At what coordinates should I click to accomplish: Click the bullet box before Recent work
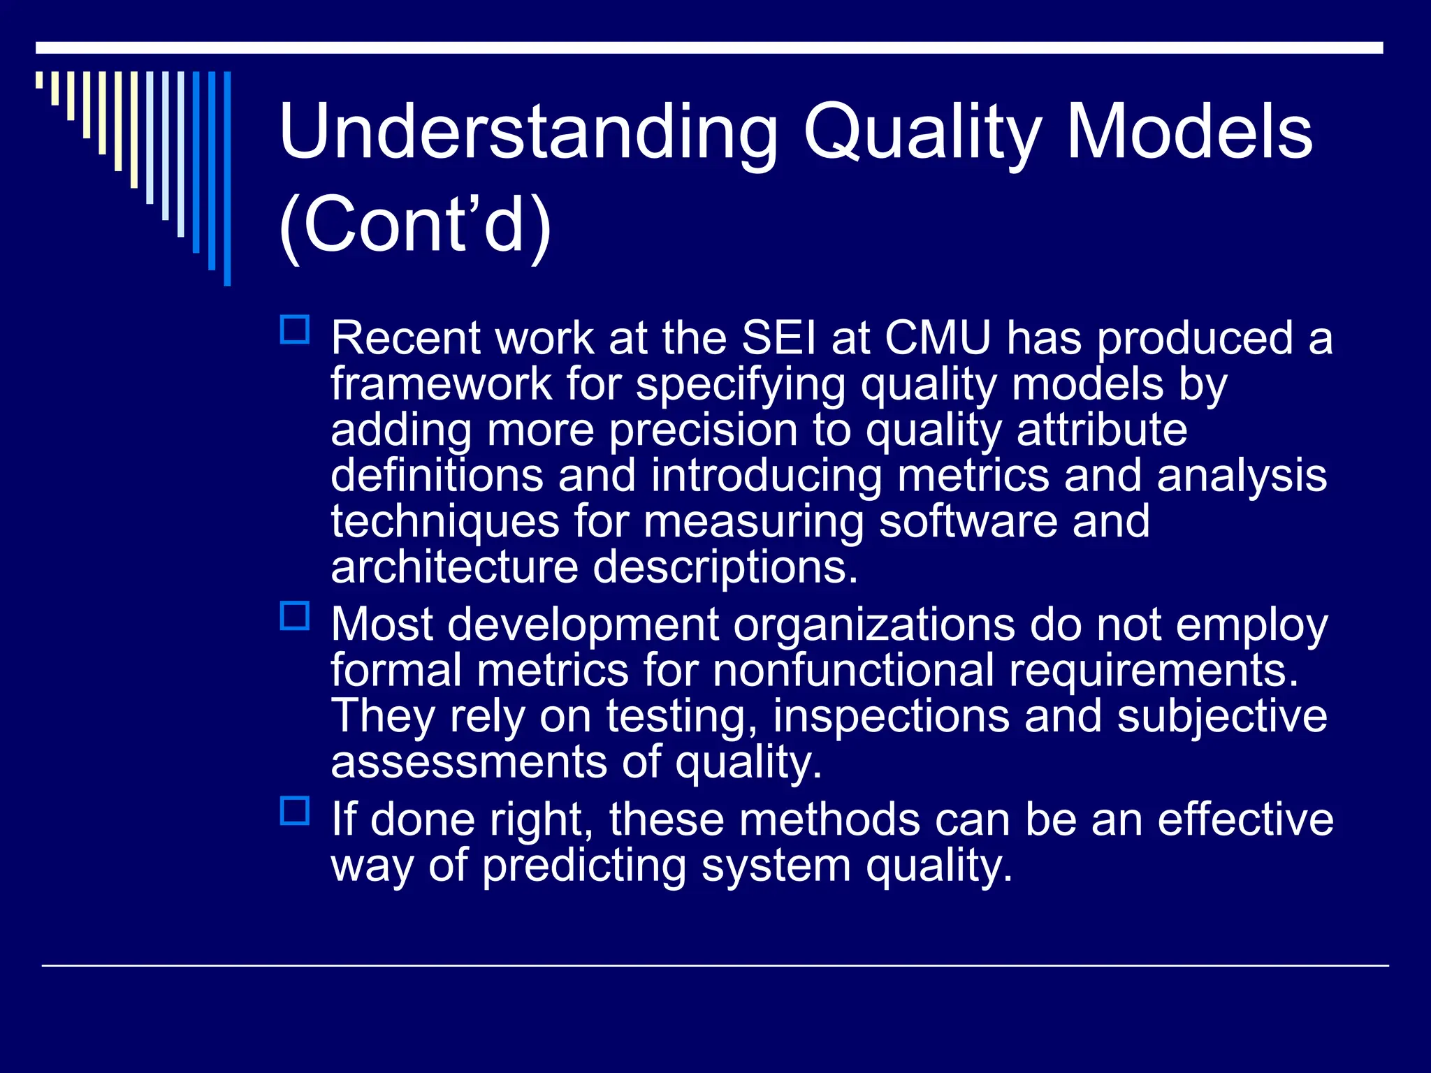[295, 330]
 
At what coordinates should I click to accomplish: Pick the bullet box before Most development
[295, 616]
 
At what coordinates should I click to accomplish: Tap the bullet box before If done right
[295, 811]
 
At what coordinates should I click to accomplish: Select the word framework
[442, 384]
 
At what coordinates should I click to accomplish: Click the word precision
[703, 430]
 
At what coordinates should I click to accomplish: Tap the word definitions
[437, 476]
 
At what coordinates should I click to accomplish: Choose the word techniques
[445, 522]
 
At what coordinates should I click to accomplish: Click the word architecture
[454, 567]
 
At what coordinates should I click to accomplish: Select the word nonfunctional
[853, 671]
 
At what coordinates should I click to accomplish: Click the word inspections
[891, 717]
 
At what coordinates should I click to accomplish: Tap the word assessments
[468, 762]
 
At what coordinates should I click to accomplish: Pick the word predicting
[584, 866]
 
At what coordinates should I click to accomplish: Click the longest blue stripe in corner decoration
[227, 178]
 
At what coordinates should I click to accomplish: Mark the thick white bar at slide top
[709, 48]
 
